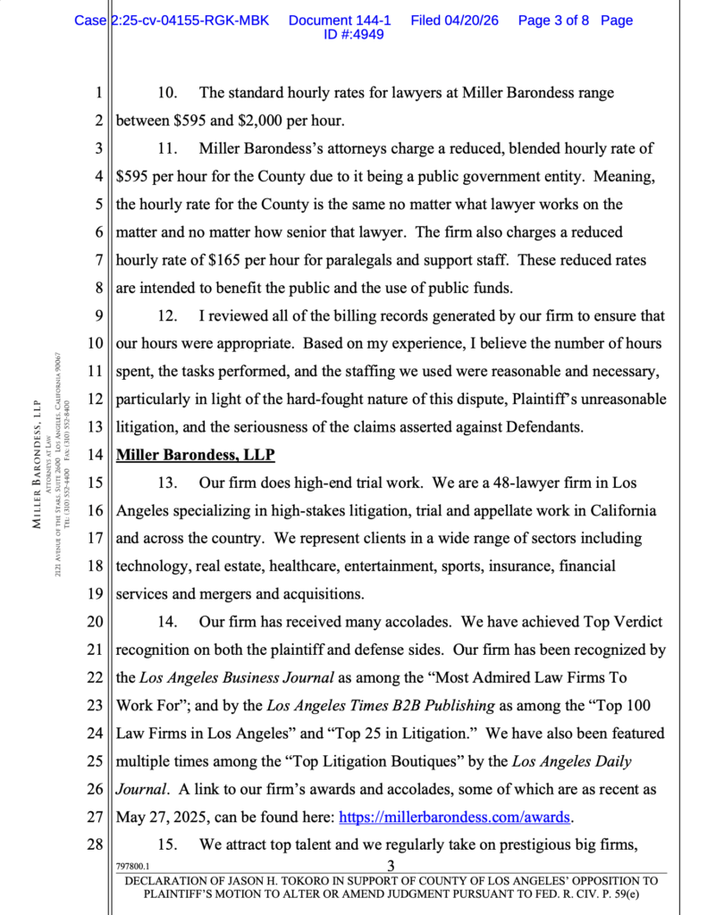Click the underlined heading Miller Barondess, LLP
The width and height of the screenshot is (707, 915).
click(x=196, y=454)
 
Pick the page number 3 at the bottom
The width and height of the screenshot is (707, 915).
click(x=391, y=865)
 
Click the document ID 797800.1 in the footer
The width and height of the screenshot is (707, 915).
click(x=133, y=866)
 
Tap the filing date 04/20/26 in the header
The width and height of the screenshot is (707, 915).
click(x=454, y=20)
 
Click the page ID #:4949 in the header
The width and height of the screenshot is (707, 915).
click(x=354, y=35)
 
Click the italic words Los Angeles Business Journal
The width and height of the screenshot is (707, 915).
click(x=246, y=677)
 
